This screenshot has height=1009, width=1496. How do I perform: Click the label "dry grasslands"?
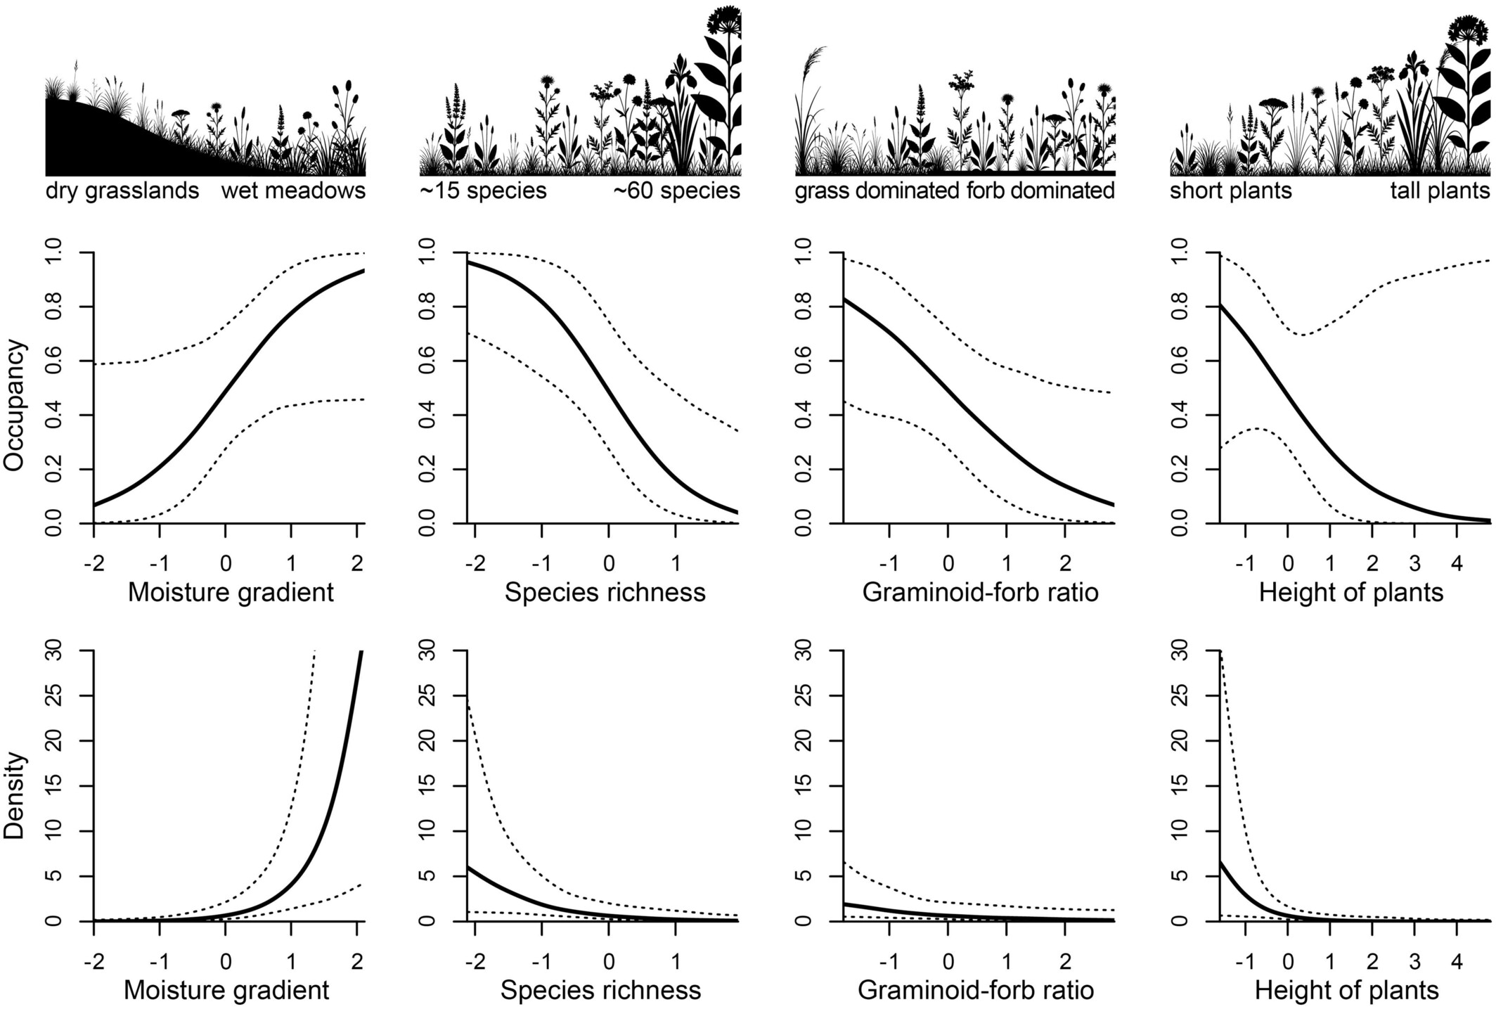122,191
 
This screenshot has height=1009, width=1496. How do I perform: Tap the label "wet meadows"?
293,191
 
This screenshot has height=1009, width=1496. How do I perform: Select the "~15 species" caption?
483,191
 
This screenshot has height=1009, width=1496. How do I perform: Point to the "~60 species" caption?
677,191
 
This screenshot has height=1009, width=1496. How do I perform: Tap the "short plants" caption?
1231,191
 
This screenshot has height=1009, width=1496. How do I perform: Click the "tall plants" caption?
1440,191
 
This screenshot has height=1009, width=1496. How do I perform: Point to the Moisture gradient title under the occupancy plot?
231,593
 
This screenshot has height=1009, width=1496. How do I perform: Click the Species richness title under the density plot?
600,991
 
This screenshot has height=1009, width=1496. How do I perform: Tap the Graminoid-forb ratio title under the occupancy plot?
980,593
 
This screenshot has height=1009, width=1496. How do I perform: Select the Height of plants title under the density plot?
1347,991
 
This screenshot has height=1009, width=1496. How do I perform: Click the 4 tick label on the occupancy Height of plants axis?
1457,564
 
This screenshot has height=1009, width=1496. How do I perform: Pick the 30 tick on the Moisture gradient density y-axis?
72,651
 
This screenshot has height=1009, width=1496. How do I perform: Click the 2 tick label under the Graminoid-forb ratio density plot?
1066,961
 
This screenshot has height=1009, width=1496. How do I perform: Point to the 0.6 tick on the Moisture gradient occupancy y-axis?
72,361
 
